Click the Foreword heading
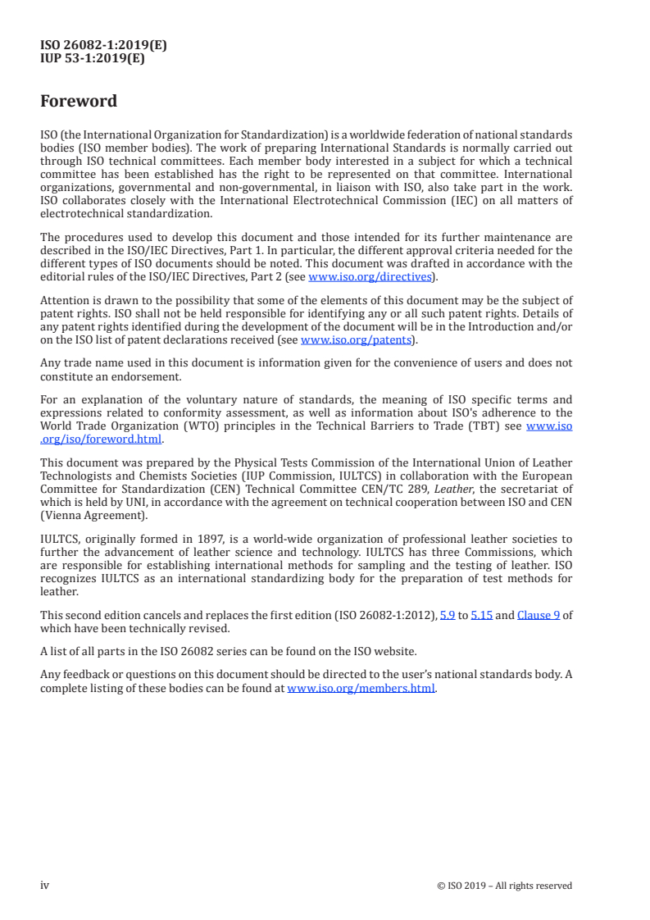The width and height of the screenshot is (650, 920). pos(79,102)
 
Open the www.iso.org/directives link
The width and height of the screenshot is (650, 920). pos(369,276)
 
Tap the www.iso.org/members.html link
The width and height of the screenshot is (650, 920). pos(361,688)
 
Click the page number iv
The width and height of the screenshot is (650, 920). pos(45,885)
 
